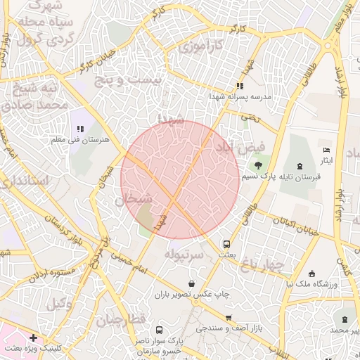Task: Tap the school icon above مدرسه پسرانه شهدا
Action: point(239,86)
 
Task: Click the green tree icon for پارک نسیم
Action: point(258,166)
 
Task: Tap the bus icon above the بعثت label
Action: point(226,245)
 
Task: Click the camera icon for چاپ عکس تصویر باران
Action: point(172,283)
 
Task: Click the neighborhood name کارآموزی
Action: point(199,47)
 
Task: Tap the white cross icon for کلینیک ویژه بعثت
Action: point(33,337)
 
